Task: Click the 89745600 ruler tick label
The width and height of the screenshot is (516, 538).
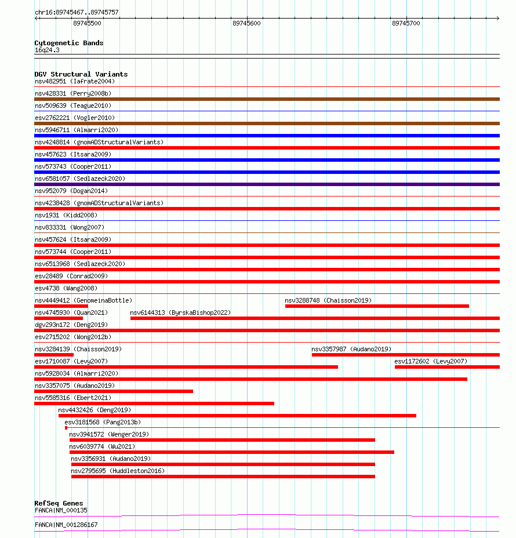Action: pos(246,23)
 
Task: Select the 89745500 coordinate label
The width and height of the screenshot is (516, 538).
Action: pos(87,23)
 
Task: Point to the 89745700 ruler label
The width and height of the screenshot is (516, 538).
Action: pos(406,23)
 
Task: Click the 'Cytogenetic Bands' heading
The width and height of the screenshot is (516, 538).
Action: pos(68,43)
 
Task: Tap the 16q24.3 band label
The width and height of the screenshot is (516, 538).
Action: pos(47,50)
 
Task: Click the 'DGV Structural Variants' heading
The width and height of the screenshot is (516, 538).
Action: pos(81,74)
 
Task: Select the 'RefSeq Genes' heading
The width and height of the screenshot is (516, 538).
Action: pos(59,503)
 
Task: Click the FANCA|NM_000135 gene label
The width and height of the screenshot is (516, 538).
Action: pos(61,510)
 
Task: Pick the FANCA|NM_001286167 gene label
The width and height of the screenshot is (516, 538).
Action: pos(66,525)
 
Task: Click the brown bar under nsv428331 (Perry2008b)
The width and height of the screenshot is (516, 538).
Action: pos(267,99)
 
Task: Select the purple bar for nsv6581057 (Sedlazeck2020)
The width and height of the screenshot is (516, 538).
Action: pos(267,184)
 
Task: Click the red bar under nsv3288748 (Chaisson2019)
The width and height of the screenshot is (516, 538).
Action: pos(377,306)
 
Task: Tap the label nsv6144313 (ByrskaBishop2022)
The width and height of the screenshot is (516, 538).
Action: pos(180,312)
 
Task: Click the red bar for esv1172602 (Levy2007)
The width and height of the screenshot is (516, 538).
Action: pos(447,367)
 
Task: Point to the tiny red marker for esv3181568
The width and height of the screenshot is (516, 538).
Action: pos(66,428)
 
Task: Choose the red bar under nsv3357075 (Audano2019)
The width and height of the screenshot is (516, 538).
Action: pos(114,391)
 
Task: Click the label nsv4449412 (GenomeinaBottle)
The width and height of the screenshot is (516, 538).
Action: pos(83,300)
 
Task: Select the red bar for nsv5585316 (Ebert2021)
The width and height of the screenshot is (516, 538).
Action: pos(154,403)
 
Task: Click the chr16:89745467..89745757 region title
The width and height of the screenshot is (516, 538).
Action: pos(77,12)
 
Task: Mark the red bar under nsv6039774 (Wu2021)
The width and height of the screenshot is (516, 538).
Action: pos(232,452)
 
